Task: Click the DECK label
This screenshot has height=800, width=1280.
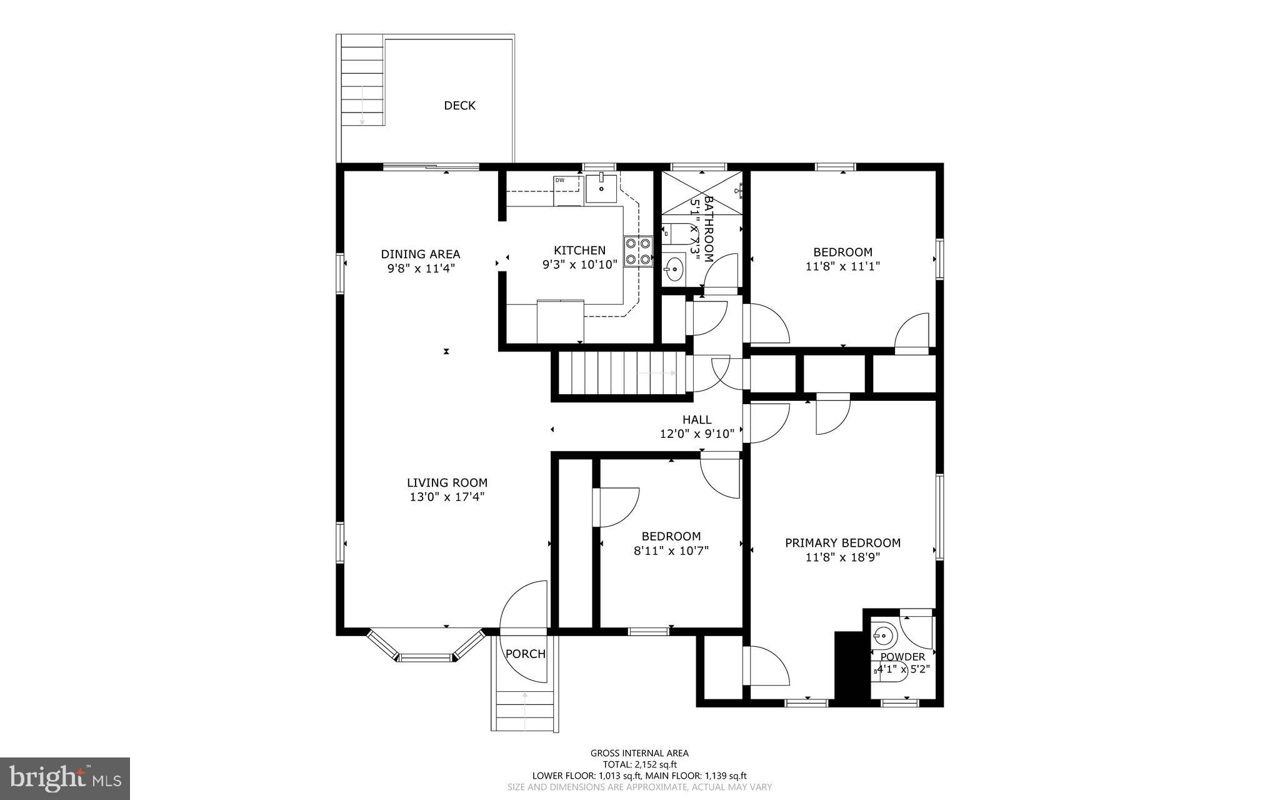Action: pyautogui.click(x=459, y=106)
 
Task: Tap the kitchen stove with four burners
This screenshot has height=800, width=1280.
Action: pyautogui.click(x=637, y=251)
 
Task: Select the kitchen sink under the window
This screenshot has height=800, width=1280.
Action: pyautogui.click(x=601, y=188)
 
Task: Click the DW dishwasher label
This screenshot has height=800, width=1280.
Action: pyautogui.click(x=560, y=180)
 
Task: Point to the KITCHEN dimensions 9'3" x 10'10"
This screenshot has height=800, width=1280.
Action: pyautogui.click(x=579, y=265)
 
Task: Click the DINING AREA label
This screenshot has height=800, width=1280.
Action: pyautogui.click(x=421, y=254)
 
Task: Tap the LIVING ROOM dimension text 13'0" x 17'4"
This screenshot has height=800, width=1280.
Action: pyautogui.click(x=447, y=497)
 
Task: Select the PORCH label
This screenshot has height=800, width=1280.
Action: pyautogui.click(x=525, y=654)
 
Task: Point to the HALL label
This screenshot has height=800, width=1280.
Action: pyautogui.click(x=696, y=420)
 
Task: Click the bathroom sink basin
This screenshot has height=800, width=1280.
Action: pyautogui.click(x=674, y=271)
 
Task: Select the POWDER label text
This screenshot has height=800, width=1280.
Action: pyautogui.click(x=902, y=657)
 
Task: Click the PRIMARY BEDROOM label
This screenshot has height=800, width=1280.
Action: pyautogui.click(x=842, y=543)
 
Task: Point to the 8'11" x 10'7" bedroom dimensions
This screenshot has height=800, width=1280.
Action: pyautogui.click(x=671, y=551)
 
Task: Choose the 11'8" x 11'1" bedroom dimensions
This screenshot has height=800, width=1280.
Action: pyautogui.click(x=842, y=266)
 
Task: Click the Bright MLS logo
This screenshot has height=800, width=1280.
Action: pyautogui.click(x=65, y=778)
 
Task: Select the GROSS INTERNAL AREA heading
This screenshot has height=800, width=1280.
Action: pyautogui.click(x=639, y=753)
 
